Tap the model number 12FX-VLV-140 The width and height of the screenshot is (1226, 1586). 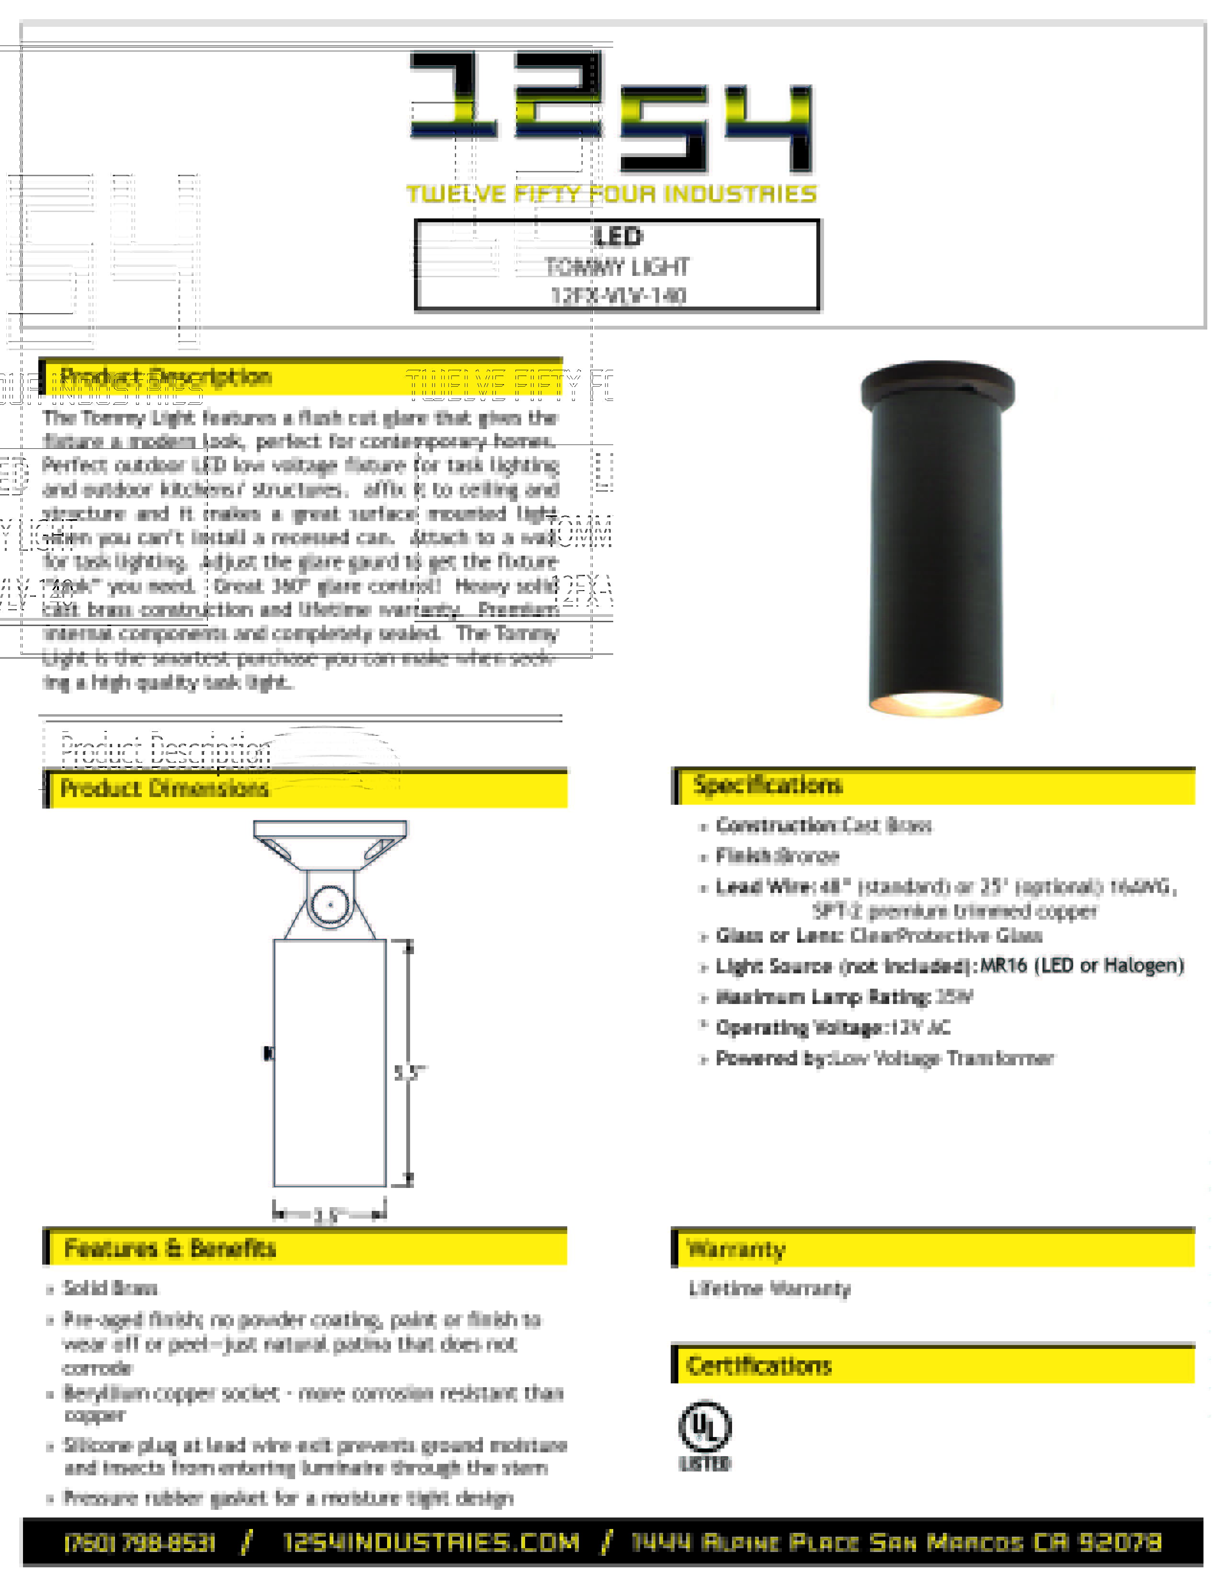(618, 296)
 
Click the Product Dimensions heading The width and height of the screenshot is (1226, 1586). (164, 788)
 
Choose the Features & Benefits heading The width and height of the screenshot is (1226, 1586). (170, 1248)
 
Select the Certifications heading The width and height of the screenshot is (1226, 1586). (759, 1366)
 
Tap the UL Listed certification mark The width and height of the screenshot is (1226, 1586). (705, 1436)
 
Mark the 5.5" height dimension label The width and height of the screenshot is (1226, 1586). (409, 1073)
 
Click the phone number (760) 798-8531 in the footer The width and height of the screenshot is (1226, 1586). (140, 1542)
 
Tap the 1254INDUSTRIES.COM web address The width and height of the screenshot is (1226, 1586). (432, 1542)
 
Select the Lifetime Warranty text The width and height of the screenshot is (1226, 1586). (770, 1289)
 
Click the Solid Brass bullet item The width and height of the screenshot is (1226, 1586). (110, 1288)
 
